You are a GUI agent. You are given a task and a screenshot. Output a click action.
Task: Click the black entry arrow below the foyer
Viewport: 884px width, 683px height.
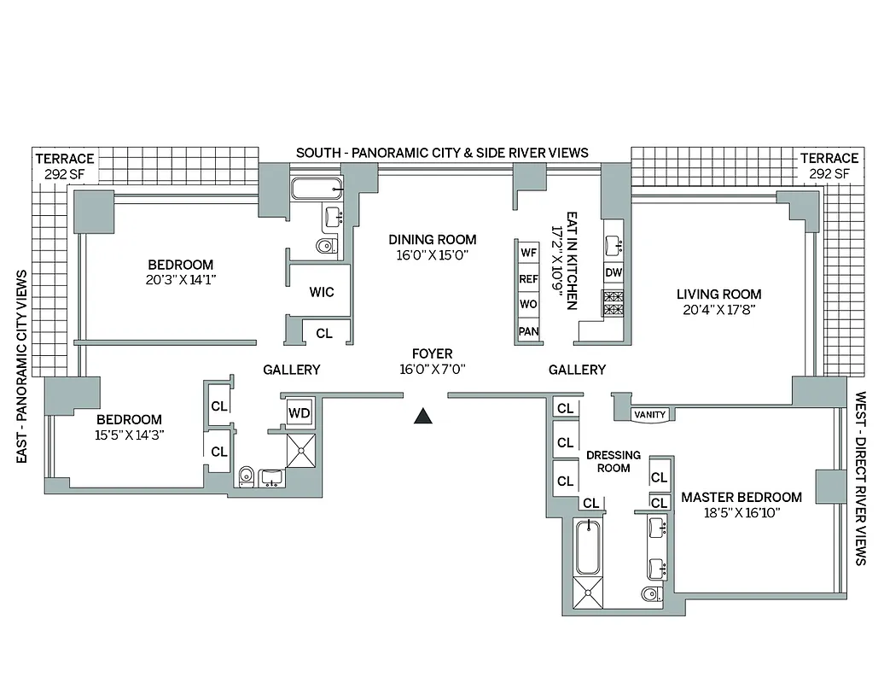422,417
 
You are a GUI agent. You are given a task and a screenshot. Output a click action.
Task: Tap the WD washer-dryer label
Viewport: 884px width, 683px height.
300,413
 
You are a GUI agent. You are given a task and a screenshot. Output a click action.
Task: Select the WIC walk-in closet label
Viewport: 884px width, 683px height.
322,292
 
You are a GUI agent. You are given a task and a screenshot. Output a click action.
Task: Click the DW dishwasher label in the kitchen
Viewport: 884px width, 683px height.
613,273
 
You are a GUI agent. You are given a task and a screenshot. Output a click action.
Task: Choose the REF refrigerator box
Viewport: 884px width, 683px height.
528,278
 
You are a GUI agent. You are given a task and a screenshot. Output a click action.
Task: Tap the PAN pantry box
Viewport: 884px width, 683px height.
528,331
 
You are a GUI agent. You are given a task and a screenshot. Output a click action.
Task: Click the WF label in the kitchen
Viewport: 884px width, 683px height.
528,253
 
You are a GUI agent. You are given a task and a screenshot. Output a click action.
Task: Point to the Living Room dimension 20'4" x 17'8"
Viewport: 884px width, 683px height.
718,310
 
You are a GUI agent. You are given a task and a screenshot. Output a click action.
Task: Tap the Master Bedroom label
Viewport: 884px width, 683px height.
741,497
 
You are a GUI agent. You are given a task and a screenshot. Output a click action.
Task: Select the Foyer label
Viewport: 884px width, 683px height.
432,353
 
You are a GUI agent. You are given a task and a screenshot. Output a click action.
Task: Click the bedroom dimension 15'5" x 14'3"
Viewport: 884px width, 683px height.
129,435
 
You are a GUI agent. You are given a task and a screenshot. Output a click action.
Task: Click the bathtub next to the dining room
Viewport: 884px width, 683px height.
316,189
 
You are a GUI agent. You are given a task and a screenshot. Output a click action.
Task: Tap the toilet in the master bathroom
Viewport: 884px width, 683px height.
650,594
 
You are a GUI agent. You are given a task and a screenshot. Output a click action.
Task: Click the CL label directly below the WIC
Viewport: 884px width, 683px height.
323,334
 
